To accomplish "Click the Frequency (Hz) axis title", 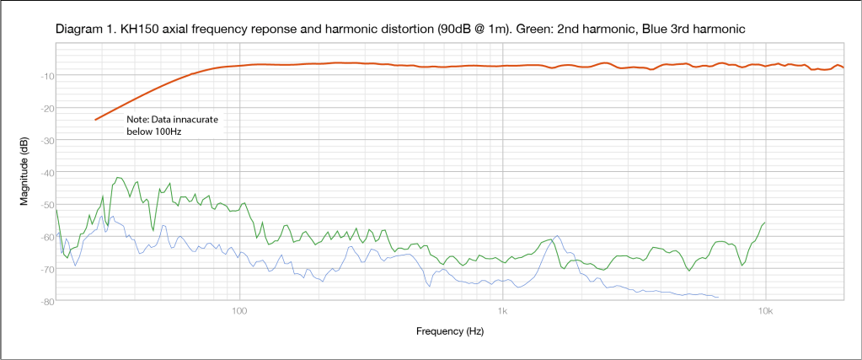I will [x=450, y=331].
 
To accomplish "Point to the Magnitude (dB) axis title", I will [x=26, y=173].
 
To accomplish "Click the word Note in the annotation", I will [x=137, y=121].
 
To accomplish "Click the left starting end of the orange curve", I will [x=95, y=120].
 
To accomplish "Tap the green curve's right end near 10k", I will [x=765, y=223].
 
